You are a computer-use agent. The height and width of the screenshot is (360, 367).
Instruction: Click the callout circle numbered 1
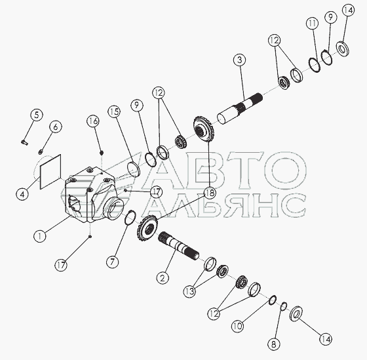coord(40,236)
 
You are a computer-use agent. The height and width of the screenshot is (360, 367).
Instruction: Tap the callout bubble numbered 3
coord(239,60)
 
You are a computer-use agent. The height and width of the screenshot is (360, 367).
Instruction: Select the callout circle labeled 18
coord(210,193)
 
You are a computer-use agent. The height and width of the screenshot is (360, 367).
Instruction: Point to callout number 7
coord(112,262)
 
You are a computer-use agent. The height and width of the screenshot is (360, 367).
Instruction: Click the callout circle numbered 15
coord(114,112)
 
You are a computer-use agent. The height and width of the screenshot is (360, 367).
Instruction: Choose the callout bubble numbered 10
coord(237,326)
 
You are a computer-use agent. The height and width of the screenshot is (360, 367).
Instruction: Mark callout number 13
coord(189,291)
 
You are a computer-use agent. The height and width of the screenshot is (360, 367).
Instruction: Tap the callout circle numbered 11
coord(313,24)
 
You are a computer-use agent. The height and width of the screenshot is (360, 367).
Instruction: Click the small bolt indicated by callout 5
coord(24,142)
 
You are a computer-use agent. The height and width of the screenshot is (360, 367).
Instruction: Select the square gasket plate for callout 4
coord(50,171)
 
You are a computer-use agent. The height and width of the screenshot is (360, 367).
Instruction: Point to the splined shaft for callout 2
coord(178,247)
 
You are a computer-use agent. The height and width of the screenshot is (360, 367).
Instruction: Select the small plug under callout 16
coord(102,153)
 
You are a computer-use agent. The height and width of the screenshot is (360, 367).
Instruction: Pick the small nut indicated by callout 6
coord(41,152)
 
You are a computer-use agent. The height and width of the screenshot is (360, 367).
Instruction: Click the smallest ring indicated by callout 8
coord(283,306)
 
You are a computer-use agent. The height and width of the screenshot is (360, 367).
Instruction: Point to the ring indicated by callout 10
coord(273,300)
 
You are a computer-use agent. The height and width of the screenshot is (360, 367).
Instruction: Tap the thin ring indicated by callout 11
coord(314,64)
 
